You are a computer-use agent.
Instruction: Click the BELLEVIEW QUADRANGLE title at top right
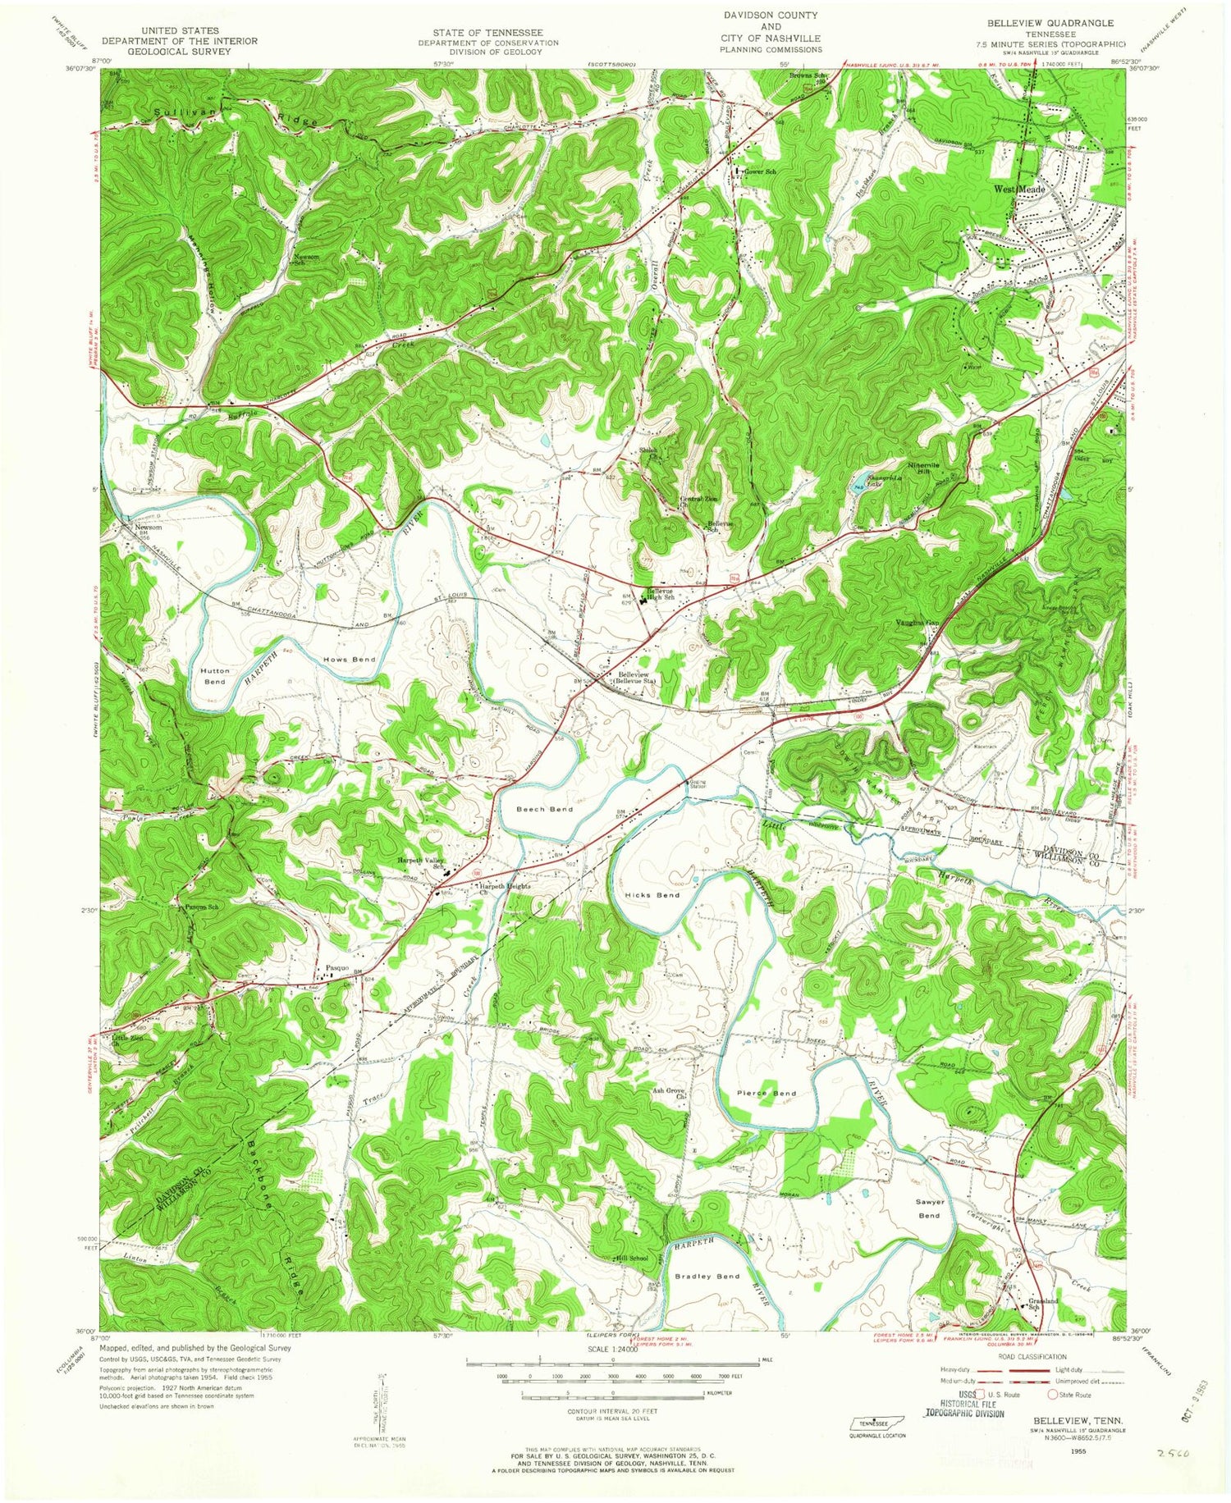(1052, 24)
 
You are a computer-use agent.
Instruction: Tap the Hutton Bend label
(214, 676)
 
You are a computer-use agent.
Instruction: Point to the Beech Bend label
(544, 809)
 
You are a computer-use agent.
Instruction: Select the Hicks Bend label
(652, 895)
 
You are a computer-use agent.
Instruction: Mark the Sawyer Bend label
(930, 1208)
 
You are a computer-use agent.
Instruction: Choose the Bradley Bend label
(707, 1277)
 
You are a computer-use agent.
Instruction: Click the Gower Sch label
(759, 171)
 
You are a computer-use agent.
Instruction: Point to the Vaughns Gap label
(916, 624)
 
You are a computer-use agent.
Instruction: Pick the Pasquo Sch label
(201, 907)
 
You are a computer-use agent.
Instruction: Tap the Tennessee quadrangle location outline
(873, 1422)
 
